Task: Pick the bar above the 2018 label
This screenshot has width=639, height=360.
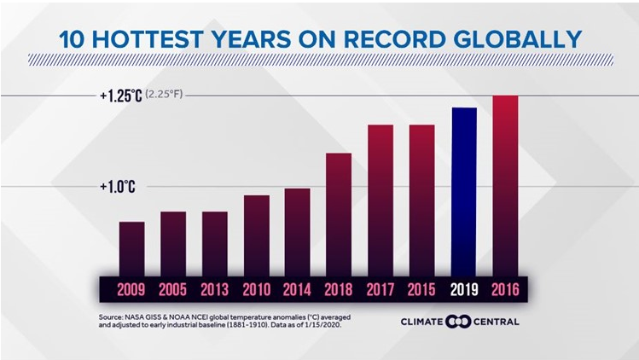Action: click(339, 215)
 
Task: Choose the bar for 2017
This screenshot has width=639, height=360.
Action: click(380, 200)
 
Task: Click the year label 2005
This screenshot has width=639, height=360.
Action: click(173, 289)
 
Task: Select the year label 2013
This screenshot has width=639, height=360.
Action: click(214, 289)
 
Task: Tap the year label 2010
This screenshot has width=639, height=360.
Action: click(256, 289)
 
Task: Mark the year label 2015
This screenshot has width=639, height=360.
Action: click(421, 289)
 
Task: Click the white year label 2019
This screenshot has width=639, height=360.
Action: click(463, 289)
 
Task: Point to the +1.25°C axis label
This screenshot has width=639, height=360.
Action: click(120, 96)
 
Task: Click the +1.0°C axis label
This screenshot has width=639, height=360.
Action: click(118, 186)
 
